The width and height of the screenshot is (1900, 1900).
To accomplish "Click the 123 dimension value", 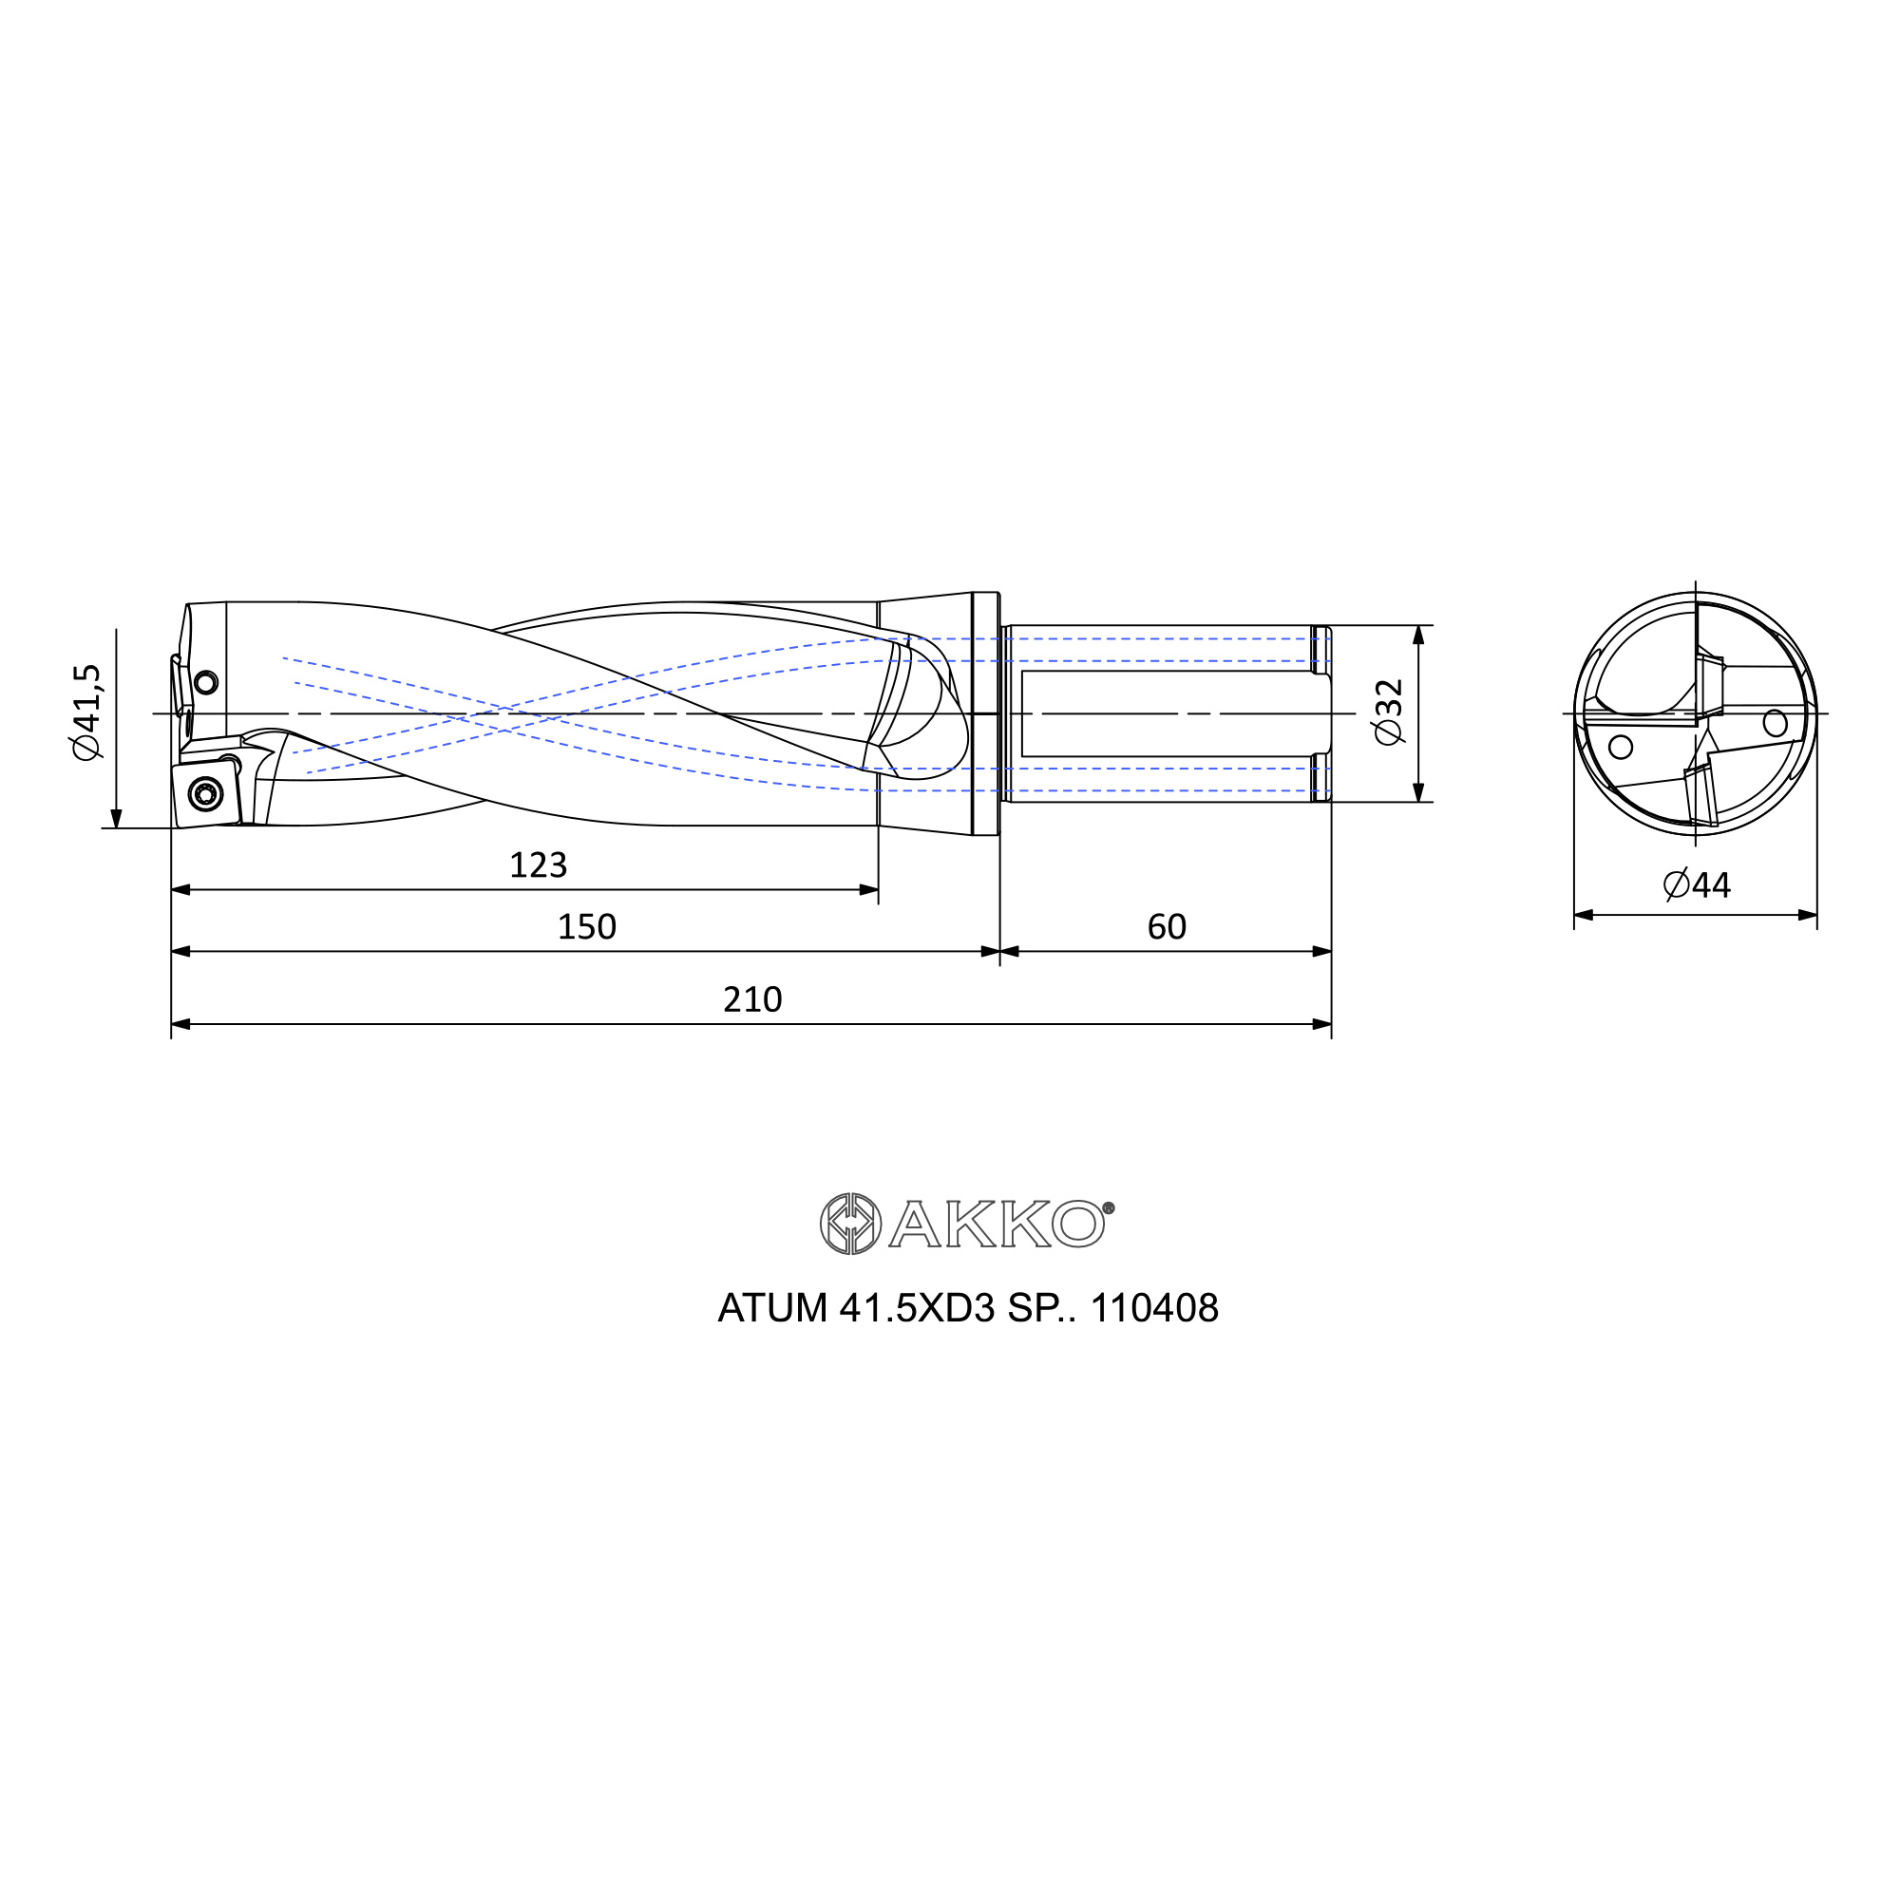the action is pos(538,865).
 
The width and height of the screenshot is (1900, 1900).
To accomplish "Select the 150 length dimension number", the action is pos(587,927).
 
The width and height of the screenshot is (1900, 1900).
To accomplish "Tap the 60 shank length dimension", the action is pos(1168,927).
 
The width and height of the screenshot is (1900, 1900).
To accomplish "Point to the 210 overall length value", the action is pos(752,1000).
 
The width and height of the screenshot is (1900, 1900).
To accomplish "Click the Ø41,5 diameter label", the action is pos(87,712).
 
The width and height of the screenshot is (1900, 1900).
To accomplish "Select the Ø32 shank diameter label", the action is pos(1389,712).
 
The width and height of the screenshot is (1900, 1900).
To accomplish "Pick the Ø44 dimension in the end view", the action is pos(1697,885).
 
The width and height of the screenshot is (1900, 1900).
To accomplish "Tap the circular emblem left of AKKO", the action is pos(850,1225).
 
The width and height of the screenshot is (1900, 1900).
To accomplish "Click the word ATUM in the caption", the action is pos(772,1309).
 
